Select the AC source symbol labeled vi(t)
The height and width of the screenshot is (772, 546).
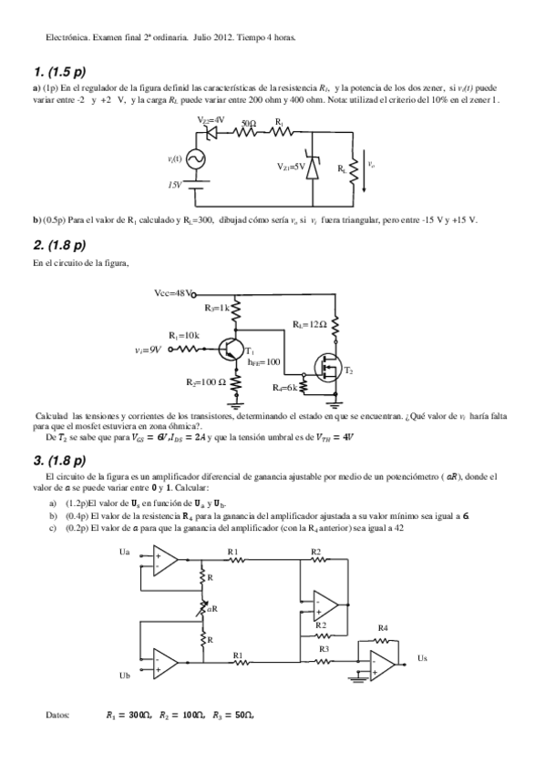click(194, 159)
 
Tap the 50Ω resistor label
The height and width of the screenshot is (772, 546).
click(248, 122)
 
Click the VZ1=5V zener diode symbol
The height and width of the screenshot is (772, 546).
click(314, 167)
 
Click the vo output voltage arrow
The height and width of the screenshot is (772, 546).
click(365, 169)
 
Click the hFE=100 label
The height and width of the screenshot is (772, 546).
click(263, 361)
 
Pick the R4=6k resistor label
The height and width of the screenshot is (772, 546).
click(284, 388)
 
